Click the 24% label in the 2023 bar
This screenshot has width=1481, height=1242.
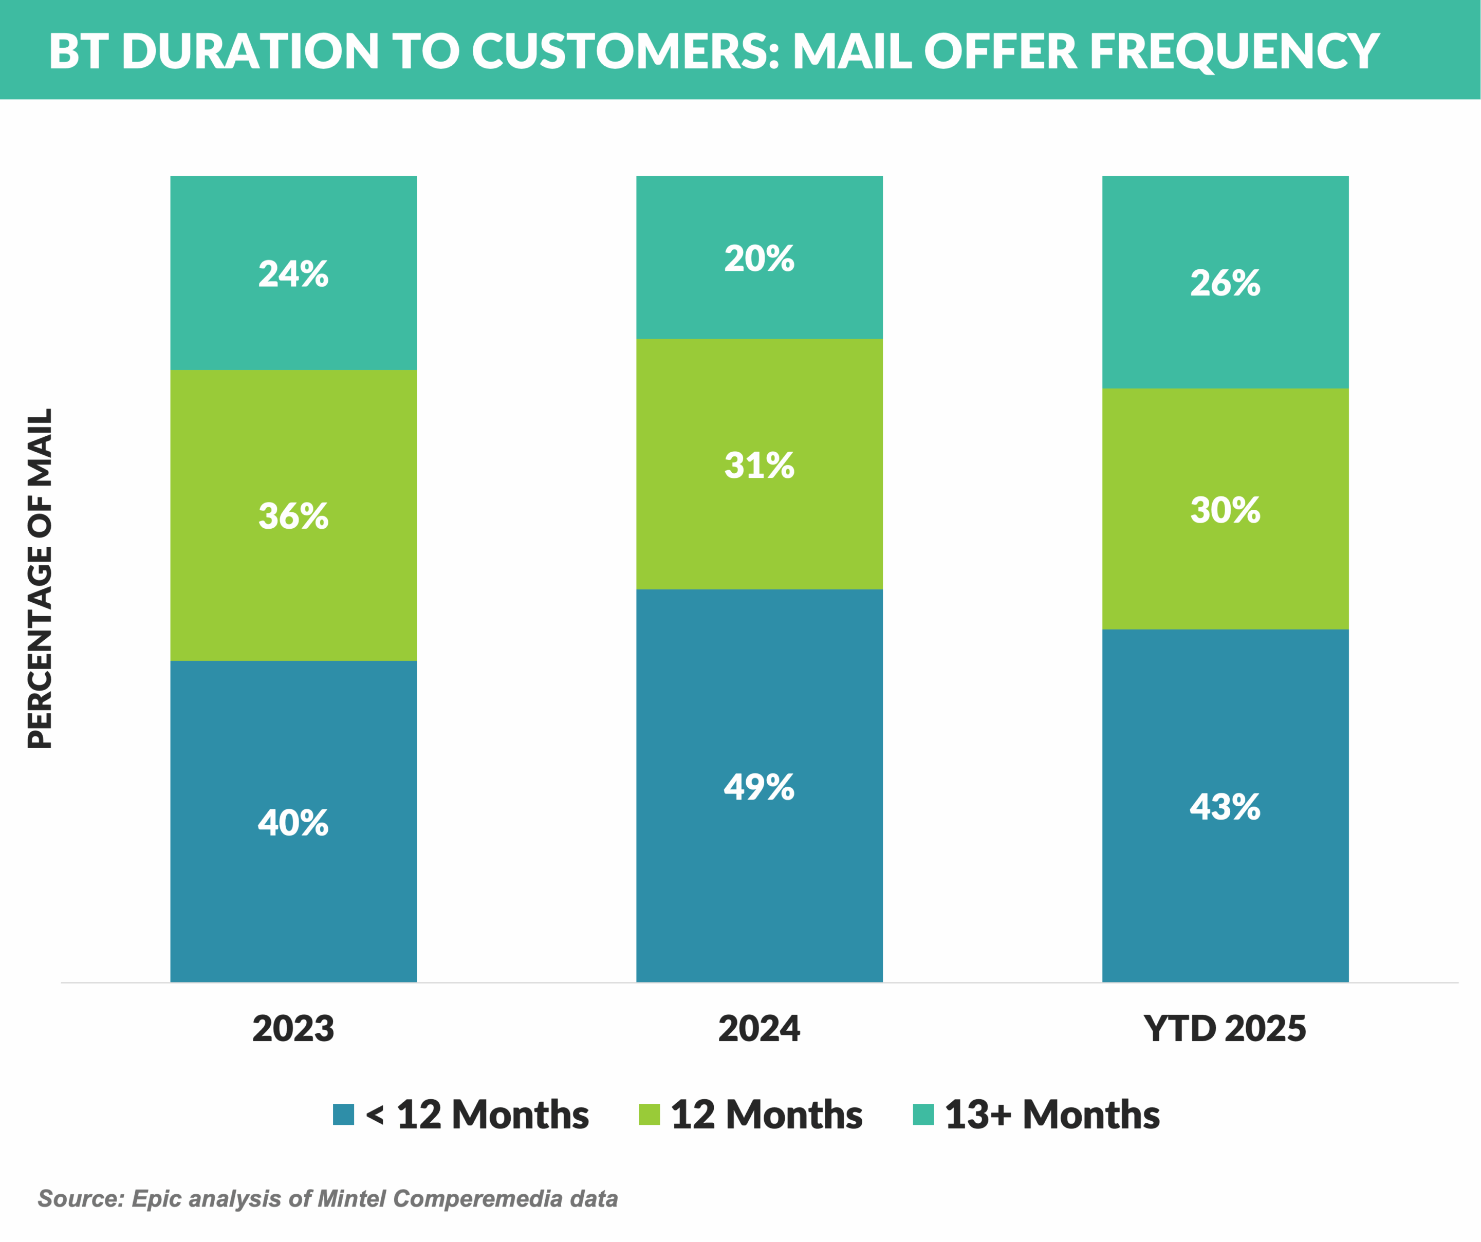coord(293,274)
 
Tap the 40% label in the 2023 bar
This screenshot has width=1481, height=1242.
coord(293,822)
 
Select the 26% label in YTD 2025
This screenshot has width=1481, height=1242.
coord(1225,283)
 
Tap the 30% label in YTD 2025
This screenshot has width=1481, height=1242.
coord(1225,509)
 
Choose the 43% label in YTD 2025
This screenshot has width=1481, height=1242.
coord(1225,806)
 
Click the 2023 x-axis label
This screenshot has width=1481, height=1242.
coord(293,1028)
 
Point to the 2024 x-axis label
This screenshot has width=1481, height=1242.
coord(760,1028)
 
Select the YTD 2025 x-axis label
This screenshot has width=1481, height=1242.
coord(1225,1028)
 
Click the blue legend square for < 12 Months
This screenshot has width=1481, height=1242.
coord(343,1115)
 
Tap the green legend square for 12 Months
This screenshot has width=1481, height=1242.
coord(649,1115)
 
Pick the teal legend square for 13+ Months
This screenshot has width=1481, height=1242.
coord(923,1115)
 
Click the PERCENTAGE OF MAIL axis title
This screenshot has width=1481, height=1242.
coord(40,578)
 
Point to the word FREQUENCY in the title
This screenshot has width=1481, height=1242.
coord(1234,51)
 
